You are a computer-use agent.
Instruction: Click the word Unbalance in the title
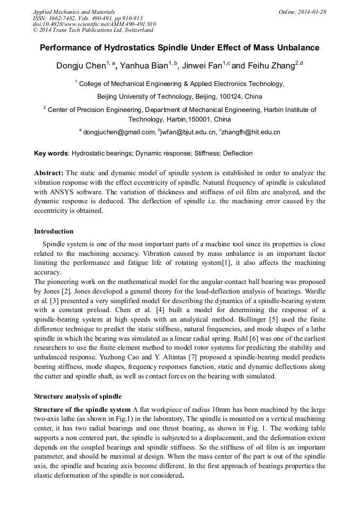tap(295, 48)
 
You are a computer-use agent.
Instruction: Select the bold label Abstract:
tap(49, 173)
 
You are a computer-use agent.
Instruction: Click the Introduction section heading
tap(54, 231)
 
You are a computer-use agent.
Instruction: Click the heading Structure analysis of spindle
tap(78, 396)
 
